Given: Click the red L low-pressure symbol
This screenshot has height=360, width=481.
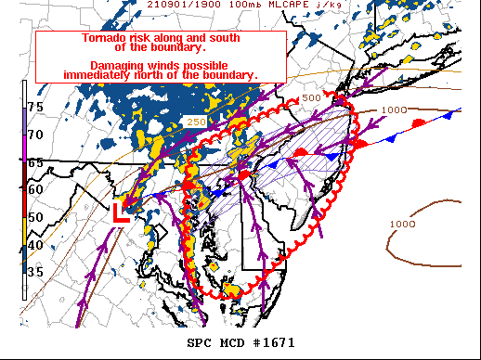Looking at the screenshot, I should (120, 212).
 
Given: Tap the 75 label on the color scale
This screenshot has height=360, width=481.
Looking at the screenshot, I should (34, 108).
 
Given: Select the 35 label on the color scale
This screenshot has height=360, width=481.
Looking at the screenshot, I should (34, 272).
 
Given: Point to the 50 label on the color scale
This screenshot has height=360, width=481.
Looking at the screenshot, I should (34, 217).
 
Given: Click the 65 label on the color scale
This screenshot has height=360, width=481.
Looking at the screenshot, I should (34, 162).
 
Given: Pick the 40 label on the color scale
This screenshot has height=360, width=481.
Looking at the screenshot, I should (34, 245).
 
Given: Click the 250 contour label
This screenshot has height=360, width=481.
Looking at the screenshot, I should (196, 121).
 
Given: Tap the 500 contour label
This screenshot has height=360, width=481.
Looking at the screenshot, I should (310, 97).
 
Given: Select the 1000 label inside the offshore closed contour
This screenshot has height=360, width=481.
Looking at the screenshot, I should (402, 224).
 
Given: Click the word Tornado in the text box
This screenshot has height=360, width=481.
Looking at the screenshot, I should (82, 39).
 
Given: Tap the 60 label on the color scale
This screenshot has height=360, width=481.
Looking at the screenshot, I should (34, 190).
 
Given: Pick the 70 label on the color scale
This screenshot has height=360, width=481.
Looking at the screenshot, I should (34, 135).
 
